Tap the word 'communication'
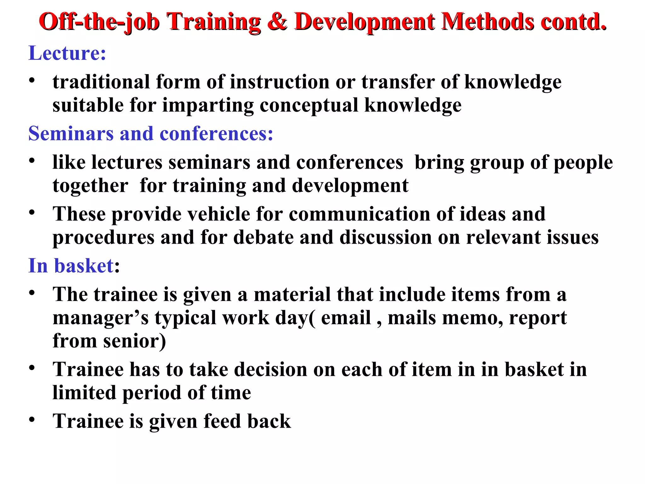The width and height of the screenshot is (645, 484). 359,214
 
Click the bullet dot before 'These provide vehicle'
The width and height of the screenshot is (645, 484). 32,212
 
